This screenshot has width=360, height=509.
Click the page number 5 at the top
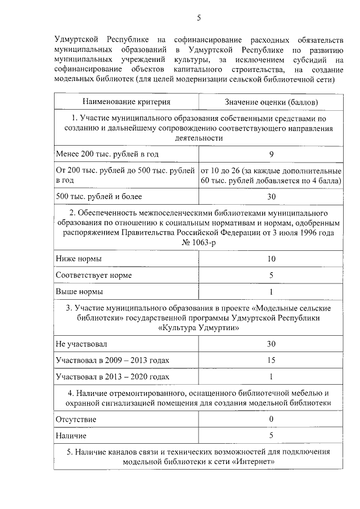[x=199, y=18]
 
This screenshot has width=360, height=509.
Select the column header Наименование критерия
[x=126, y=102]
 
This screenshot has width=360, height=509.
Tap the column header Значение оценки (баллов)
[x=271, y=102]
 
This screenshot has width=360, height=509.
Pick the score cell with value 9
[x=271, y=154]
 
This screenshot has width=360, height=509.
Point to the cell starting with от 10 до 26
[x=271, y=175]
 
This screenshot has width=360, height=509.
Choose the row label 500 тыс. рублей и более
[x=98, y=196]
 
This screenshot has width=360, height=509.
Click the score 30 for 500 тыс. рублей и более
[x=271, y=196]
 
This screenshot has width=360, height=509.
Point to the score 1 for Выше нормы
[x=271, y=292]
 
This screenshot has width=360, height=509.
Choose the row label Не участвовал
[x=81, y=343]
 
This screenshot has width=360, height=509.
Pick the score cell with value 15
[x=271, y=360]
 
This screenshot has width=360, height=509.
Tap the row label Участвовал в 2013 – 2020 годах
[x=112, y=377]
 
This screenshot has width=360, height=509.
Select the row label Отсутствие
[x=76, y=419]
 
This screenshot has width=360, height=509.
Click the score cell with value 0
[x=271, y=419]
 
